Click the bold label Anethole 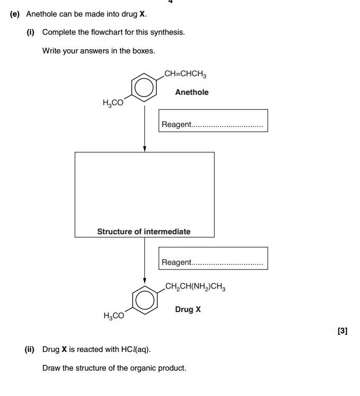point(192,92)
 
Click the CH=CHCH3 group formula point(185,74)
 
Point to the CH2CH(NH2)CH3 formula point(195,287)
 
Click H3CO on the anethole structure point(113,103)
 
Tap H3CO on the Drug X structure point(114,315)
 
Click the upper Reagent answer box point(213,120)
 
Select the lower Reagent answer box point(213,258)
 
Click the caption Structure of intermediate point(143,232)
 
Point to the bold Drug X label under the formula point(188,309)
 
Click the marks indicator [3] point(342,331)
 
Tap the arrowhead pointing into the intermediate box point(145,149)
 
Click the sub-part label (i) point(31,32)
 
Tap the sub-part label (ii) point(30,349)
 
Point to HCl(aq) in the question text point(136,349)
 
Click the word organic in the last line point(142,369)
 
